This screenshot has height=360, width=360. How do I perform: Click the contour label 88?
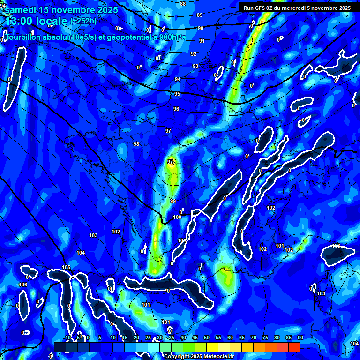tap(183, 4)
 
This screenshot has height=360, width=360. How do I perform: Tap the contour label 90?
tap(201, 28)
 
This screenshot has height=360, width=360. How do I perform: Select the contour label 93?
tap(195, 67)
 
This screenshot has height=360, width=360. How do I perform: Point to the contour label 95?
tap(177, 94)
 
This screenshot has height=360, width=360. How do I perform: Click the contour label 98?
tap(136, 144)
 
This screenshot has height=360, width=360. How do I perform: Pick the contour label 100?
tap(177, 217)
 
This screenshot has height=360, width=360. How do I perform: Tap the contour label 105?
tap(66, 268)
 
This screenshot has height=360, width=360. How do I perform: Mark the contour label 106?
tap(23, 285)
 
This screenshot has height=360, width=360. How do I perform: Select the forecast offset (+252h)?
tap(83, 21)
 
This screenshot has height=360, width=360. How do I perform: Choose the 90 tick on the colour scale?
tap(300, 337)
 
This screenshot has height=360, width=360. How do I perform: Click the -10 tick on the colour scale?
tap(67, 337)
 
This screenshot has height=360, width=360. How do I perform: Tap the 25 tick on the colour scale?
tap(148, 337)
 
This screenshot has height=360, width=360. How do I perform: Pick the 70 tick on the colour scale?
tap(254, 337)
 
